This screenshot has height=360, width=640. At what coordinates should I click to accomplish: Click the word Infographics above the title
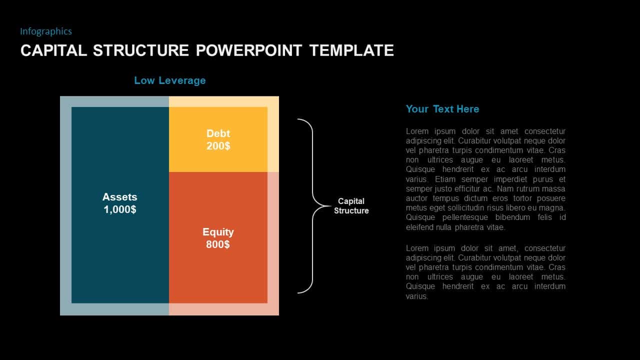tap(46, 31)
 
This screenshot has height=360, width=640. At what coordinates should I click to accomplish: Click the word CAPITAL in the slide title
tap(53, 50)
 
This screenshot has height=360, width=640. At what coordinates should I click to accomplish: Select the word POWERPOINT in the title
tap(249, 50)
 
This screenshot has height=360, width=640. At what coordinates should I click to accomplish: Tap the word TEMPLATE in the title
tap(351, 50)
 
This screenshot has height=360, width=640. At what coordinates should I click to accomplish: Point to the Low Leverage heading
tap(170, 80)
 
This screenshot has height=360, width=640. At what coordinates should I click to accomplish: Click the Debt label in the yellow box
tap(218, 133)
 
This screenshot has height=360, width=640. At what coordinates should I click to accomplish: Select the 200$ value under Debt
tap(218, 146)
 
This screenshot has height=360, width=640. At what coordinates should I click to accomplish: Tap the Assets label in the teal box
tap(119, 197)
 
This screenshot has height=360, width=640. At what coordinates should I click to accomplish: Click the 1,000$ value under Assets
tap(120, 209)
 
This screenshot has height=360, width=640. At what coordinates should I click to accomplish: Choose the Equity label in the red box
tap(218, 232)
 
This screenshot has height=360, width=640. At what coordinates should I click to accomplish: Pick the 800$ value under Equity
tap(218, 244)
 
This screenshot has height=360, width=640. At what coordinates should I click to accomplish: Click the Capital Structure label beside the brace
tap(351, 206)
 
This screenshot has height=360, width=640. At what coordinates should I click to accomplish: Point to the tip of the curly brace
tap(331, 206)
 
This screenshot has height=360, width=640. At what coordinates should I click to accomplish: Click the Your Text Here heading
tap(442, 109)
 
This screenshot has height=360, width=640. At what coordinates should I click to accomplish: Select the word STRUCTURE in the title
tap(141, 50)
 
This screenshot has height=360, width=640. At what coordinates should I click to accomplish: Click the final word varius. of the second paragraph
tap(417, 296)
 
